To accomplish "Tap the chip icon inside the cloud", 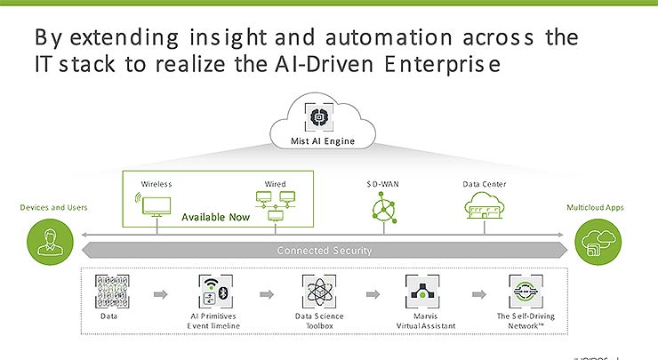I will (323, 119).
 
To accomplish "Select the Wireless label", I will (156, 184).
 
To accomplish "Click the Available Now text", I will (214, 217).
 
